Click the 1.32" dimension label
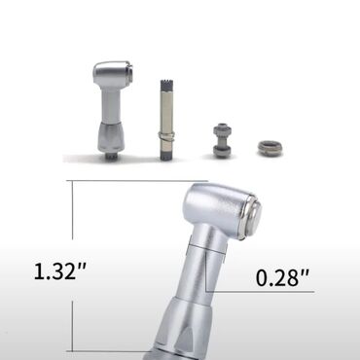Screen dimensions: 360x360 60,270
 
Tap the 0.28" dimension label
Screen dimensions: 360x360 282,277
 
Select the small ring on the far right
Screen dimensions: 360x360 270,148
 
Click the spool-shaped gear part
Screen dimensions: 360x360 222,140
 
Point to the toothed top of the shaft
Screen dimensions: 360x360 167,85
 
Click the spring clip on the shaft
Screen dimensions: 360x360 167,135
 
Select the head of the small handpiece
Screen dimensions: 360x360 113,75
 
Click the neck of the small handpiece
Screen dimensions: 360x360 110,106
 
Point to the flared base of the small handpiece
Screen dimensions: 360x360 111,137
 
